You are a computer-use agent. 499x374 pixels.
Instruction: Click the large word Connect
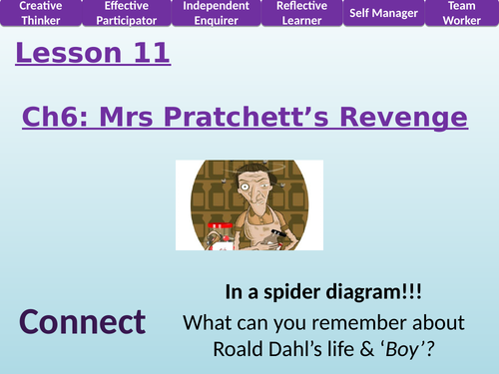(81, 322)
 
